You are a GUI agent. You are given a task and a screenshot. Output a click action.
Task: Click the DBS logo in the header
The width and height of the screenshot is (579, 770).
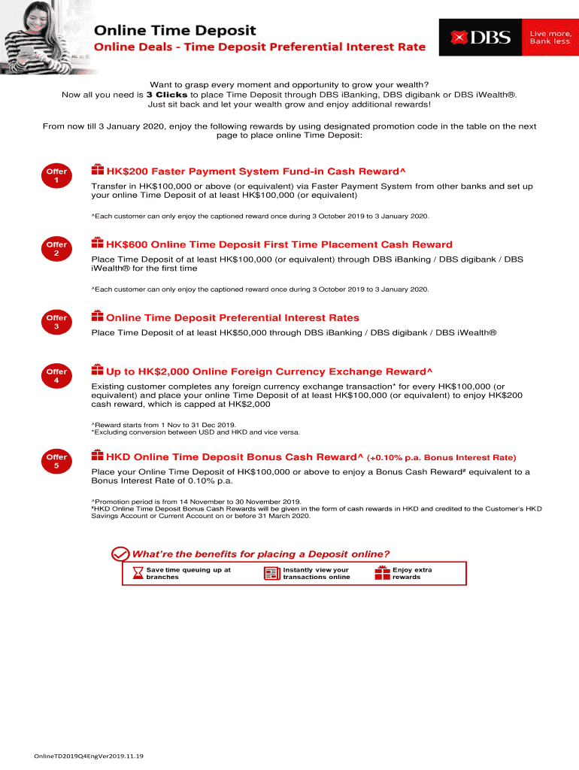pyautogui.click(x=480, y=37)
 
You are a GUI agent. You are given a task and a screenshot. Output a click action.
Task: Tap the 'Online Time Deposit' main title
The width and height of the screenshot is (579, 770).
pyautogui.click(x=174, y=31)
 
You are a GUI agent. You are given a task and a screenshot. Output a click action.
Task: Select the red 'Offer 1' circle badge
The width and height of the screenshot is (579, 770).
pyautogui.click(x=56, y=177)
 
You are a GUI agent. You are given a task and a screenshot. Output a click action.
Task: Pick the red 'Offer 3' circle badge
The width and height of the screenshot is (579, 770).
pyautogui.click(x=56, y=323)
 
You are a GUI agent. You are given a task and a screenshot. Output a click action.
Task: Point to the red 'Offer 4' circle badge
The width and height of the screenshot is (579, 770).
pyautogui.click(x=56, y=377)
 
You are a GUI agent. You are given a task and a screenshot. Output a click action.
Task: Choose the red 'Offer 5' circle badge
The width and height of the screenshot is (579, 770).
pyautogui.click(x=56, y=462)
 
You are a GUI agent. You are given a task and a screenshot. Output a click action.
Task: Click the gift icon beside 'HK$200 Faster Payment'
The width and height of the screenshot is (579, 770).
pyautogui.click(x=97, y=170)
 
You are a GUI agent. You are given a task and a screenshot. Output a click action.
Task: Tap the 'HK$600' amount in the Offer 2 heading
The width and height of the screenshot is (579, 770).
pyautogui.click(x=126, y=244)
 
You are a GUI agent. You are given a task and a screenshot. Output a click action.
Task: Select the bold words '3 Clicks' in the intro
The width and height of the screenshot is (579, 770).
pyautogui.click(x=166, y=95)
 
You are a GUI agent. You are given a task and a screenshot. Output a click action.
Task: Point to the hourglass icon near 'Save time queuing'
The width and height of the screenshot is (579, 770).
pyautogui.click(x=137, y=574)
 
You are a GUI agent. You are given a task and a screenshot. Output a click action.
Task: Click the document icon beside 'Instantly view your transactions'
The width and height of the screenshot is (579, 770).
pyautogui.click(x=271, y=574)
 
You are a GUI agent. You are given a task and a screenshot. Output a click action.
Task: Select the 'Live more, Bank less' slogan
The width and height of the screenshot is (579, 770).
pyautogui.click(x=550, y=37)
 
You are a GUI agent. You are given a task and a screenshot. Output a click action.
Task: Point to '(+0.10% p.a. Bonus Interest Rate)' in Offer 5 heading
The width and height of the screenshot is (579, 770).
pyautogui.click(x=441, y=457)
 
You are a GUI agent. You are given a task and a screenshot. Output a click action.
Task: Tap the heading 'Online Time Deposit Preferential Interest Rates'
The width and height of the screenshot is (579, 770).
pyautogui.click(x=232, y=317)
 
